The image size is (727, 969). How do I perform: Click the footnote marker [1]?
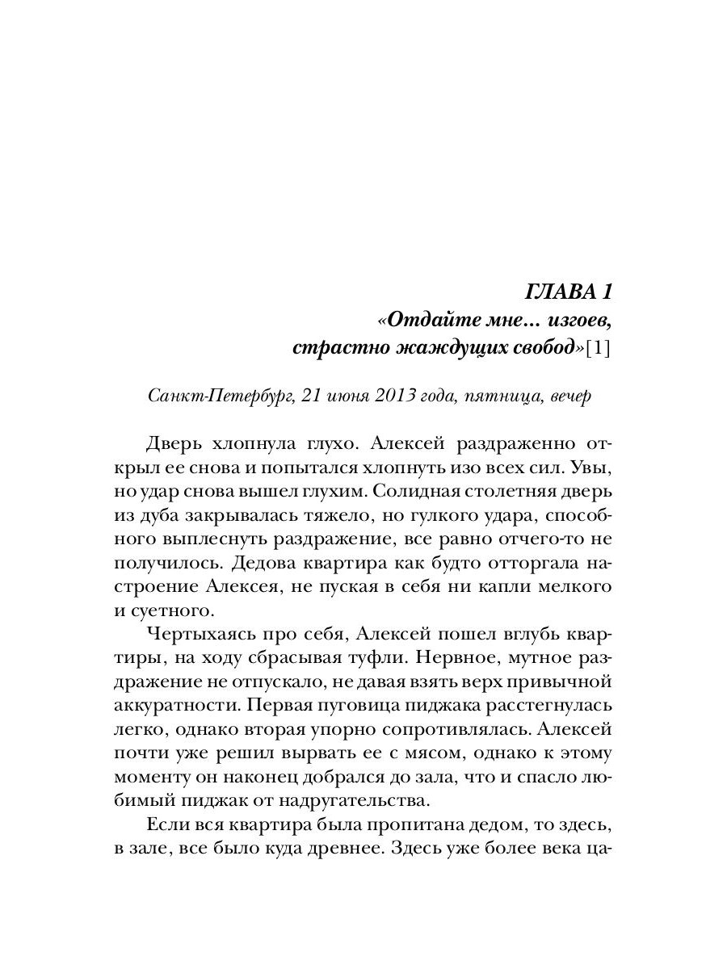pos(599,349)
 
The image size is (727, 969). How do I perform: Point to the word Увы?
pos(595,468)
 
